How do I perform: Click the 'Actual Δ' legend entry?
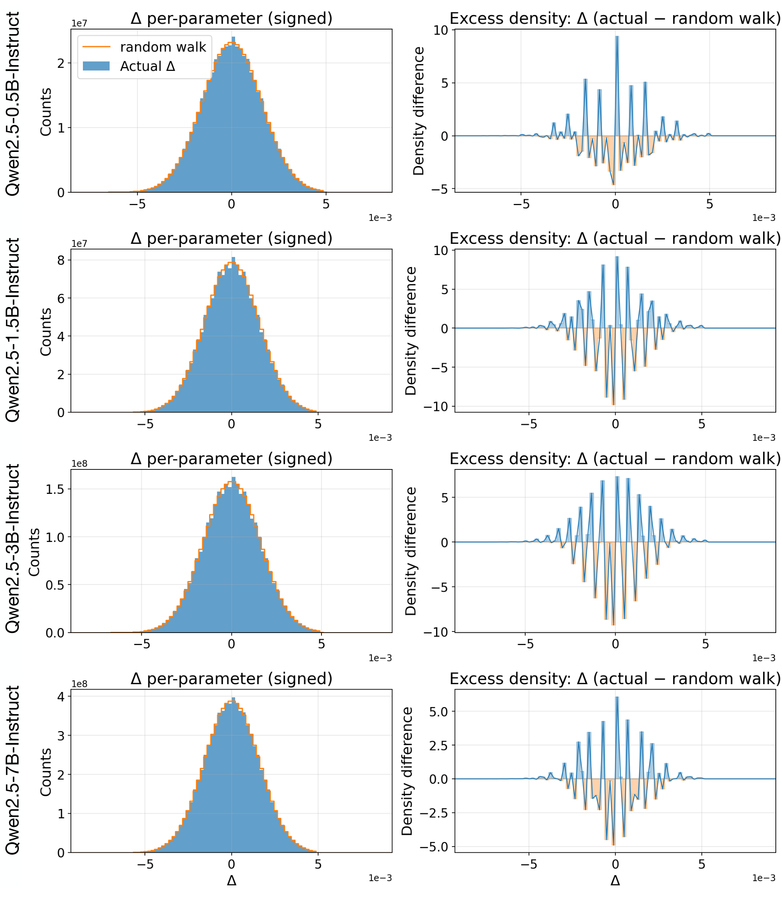[147, 66]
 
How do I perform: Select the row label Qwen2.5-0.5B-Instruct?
[13, 104]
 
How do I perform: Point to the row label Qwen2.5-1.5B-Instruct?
[13, 330]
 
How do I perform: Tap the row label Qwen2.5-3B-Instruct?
[13, 549]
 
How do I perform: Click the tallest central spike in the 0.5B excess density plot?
[617, 39]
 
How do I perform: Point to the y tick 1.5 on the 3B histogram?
[55, 490]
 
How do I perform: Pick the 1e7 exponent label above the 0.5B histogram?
[79, 23]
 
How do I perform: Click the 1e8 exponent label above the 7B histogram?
[79, 684]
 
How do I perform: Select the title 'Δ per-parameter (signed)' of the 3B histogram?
[231, 459]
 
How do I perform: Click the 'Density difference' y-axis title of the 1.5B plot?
[411, 331]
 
